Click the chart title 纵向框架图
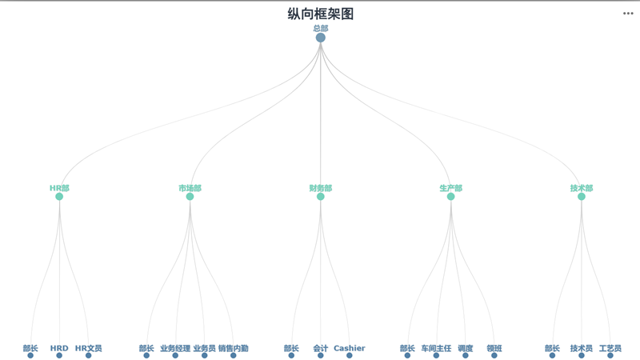click(x=320, y=14)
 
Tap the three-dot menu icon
click(x=628, y=13)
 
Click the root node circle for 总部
click(x=321, y=38)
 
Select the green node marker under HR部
click(x=59, y=197)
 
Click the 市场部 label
click(x=190, y=188)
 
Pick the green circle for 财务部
click(x=321, y=197)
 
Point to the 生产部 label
click(x=450, y=188)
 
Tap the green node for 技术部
click(x=582, y=197)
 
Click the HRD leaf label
click(x=59, y=348)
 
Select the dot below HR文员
click(x=88, y=355)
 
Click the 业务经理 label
click(x=175, y=348)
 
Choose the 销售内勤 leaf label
click(x=234, y=348)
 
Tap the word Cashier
click(x=349, y=348)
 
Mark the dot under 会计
click(x=321, y=355)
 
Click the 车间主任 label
click(x=436, y=348)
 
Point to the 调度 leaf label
click(x=465, y=348)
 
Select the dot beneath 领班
click(x=494, y=355)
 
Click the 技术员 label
click(x=582, y=348)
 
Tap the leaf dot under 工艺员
click(x=610, y=355)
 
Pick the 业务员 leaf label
click(x=204, y=348)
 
